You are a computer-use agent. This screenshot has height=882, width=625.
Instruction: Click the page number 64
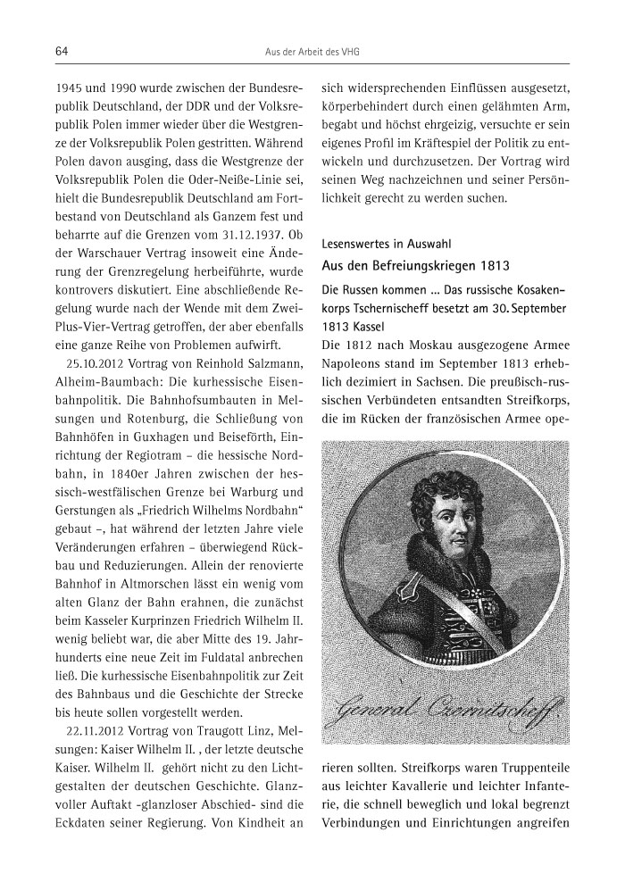(x=62, y=53)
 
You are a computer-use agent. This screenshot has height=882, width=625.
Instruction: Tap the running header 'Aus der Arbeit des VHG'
(x=312, y=53)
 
